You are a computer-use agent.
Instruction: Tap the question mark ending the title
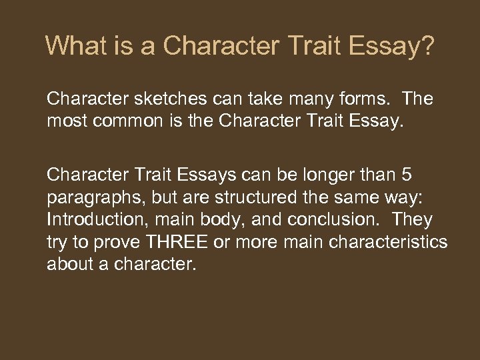tap(427, 46)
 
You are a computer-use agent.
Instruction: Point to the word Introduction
tap(89, 219)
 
